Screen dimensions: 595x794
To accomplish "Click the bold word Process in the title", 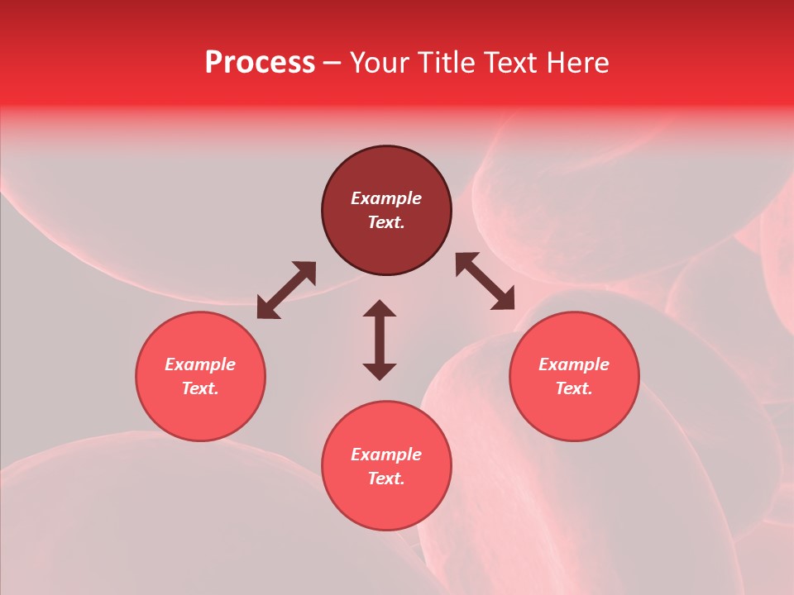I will (260, 63).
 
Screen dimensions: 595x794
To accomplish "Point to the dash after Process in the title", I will (332, 64).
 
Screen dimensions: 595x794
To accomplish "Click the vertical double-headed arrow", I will (380, 340).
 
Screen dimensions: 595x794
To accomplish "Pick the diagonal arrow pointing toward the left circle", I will (286, 290).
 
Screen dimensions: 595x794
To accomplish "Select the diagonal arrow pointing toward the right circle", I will (485, 281).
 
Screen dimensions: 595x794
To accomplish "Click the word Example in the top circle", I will (386, 198).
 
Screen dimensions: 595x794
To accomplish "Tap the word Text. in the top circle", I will (386, 222).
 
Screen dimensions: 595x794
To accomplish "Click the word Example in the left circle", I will (200, 364).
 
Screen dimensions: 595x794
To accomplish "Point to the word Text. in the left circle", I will (200, 388).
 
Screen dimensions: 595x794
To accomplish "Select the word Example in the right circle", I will (574, 364).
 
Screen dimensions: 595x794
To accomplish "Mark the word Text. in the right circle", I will (574, 388).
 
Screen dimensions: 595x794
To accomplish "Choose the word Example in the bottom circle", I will (386, 455).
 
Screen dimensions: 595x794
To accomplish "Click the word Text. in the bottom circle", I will (386, 478).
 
